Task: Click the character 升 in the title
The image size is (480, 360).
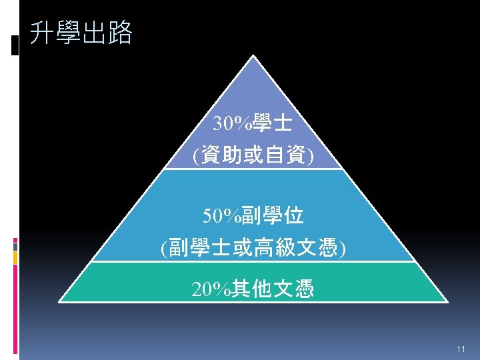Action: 42,33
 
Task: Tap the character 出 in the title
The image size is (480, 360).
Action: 93,33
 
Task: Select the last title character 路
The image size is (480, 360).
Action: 119,33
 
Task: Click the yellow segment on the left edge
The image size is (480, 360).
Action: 15,260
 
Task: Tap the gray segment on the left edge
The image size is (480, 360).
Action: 15,246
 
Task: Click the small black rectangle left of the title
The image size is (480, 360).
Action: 15,46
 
